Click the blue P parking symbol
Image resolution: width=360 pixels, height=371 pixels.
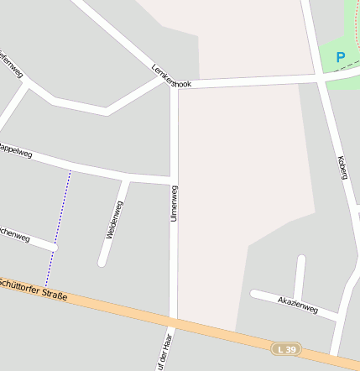tap(341, 57)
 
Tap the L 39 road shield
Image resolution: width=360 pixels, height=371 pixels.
tap(285, 348)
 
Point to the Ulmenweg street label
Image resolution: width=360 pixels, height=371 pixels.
tap(175, 203)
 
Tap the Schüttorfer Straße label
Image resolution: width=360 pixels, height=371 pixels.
tap(34, 288)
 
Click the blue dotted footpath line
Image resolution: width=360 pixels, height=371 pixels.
tap(58, 227)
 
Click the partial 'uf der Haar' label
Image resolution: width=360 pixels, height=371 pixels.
tap(164, 353)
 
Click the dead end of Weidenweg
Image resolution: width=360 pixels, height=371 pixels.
tap(102, 263)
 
